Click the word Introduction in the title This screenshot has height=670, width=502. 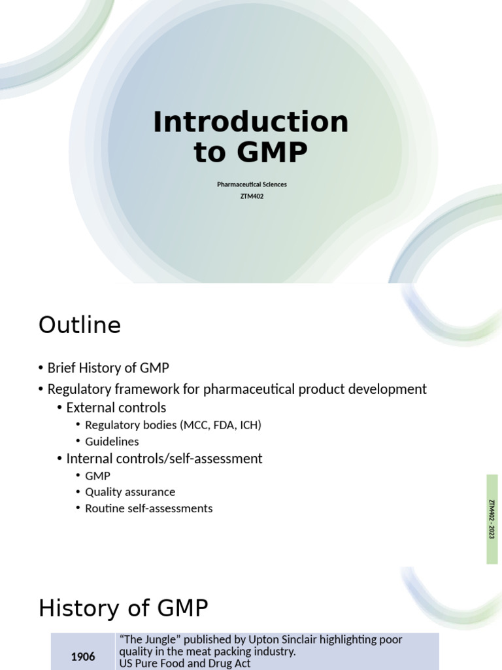(x=250, y=122)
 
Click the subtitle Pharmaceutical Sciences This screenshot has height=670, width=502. (x=252, y=185)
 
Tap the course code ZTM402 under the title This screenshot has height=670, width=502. (x=252, y=196)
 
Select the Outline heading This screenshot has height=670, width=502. (x=80, y=325)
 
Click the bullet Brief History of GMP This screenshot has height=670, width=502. (x=108, y=368)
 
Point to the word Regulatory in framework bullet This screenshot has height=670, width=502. (x=77, y=389)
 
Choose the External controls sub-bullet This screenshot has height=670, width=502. (x=116, y=408)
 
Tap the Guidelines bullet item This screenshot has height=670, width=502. (x=112, y=442)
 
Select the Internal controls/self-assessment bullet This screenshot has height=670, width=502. (x=164, y=459)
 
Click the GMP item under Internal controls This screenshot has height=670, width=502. (x=97, y=476)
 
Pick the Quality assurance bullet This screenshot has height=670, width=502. (x=130, y=491)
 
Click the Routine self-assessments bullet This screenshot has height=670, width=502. (x=148, y=508)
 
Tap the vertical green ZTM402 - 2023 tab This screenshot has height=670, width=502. (x=492, y=519)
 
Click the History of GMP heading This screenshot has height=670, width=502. (x=124, y=608)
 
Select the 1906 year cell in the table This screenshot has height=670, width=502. (x=83, y=657)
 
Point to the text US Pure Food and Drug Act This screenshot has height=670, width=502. (x=184, y=663)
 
